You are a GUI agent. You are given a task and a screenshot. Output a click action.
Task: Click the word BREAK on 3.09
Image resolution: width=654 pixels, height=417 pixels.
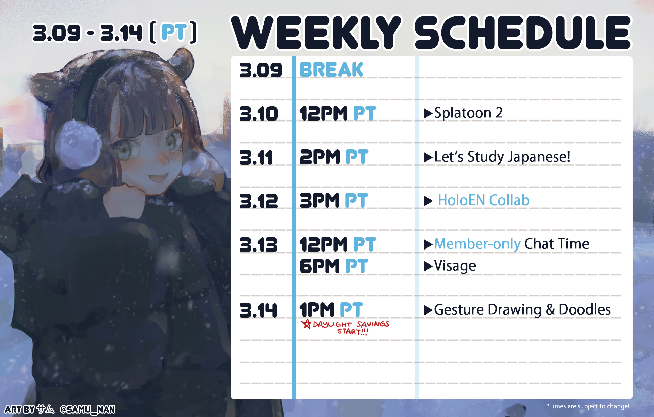(x=331, y=70)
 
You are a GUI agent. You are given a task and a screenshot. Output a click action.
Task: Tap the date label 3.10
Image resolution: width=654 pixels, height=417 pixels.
(x=259, y=114)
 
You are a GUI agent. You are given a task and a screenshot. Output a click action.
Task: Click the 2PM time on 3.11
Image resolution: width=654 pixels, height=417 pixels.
(x=320, y=157)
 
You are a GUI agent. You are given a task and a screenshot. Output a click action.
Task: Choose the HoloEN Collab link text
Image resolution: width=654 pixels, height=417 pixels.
(x=484, y=200)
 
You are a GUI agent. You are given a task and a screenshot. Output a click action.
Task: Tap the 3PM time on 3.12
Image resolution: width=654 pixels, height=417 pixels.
(x=320, y=201)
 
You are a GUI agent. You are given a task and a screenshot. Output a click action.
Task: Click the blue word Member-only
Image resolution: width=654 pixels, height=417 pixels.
(x=478, y=244)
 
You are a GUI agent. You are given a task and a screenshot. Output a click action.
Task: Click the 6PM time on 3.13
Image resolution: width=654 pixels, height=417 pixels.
(x=320, y=266)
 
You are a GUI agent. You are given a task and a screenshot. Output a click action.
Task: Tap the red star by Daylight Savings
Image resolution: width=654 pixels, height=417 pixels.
(x=306, y=324)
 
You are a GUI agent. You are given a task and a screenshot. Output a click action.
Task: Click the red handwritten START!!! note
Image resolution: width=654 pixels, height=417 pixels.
(x=353, y=332)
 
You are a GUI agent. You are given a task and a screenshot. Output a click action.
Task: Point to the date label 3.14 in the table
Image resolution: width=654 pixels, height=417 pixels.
(x=259, y=310)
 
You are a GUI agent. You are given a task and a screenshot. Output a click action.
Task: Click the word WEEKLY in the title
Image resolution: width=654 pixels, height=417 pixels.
(x=317, y=33)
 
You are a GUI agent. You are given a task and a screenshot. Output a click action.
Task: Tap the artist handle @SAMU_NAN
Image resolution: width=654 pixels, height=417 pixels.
(x=88, y=409)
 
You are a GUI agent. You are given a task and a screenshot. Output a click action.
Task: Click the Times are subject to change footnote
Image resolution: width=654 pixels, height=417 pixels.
(x=589, y=406)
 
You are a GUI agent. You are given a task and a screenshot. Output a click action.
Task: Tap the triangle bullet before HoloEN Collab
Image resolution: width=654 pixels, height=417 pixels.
(x=428, y=201)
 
